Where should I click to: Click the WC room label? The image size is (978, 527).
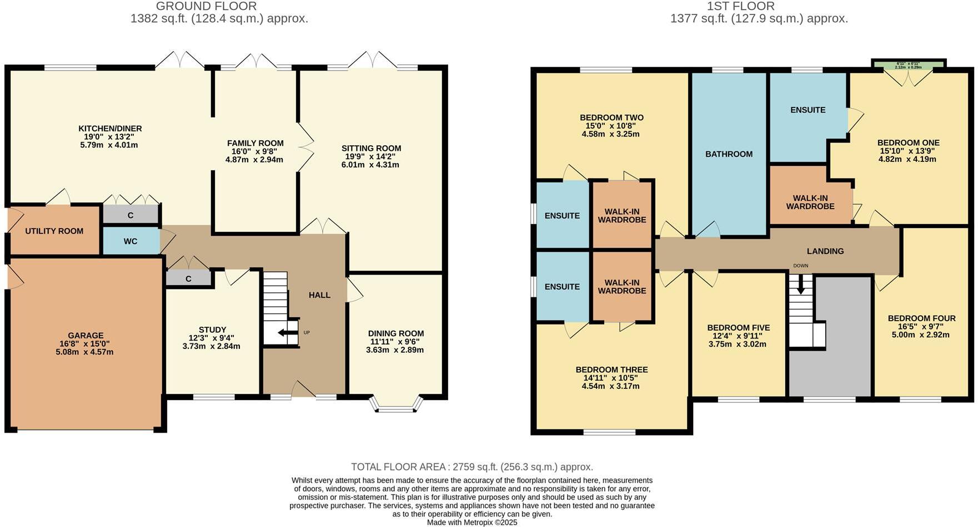(131, 241)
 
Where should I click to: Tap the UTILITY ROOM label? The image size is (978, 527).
(54, 231)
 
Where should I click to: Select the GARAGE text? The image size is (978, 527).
(86, 336)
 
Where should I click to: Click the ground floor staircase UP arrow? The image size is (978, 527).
(287, 333)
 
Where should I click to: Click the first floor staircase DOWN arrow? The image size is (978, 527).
(800, 285)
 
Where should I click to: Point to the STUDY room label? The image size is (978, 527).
(212, 330)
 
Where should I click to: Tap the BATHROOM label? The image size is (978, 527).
(729, 154)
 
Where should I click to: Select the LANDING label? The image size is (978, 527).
(825, 251)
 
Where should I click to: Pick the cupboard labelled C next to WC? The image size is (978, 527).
(131, 215)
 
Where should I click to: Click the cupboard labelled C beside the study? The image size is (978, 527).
(189, 278)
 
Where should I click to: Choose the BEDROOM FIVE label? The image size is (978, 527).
(738, 327)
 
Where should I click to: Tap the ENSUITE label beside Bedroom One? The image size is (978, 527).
(808, 110)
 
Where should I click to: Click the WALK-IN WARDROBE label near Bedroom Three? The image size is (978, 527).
(622, 286)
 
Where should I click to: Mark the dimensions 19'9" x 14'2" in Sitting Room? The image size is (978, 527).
(371, 156)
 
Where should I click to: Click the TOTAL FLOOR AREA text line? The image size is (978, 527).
(472, 467)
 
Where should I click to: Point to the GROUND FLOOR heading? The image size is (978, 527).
(206, 7)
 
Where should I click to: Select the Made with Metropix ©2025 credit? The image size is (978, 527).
(472, 522)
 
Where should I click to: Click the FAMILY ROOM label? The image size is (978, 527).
(255, 143)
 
